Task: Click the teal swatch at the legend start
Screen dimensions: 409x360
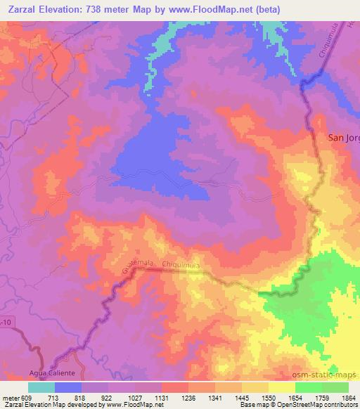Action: (x=41, y=387)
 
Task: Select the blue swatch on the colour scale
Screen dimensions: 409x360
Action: (x=68, y=387)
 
